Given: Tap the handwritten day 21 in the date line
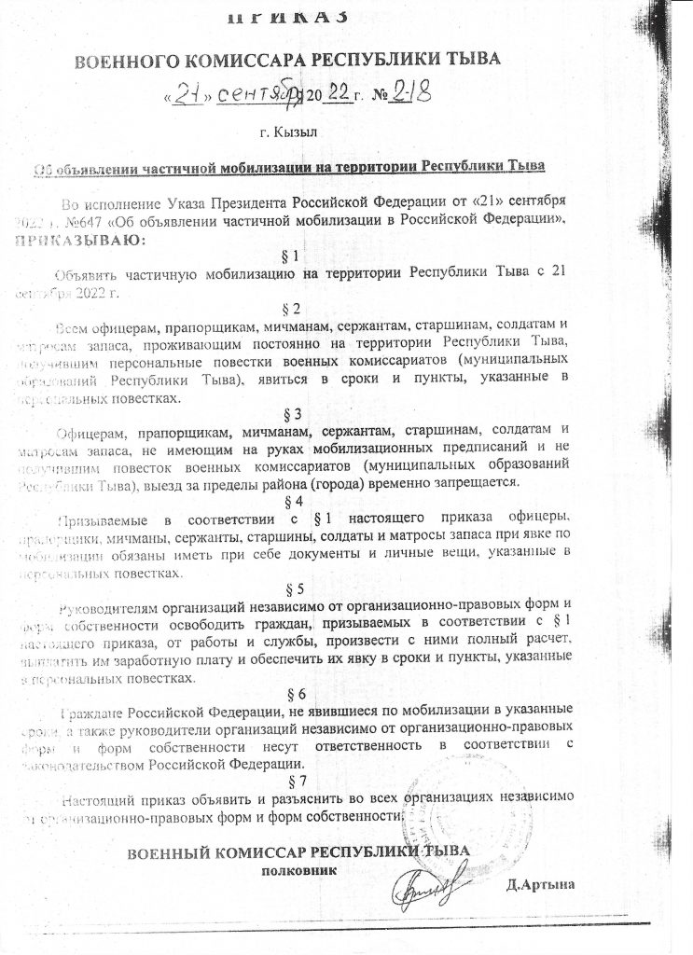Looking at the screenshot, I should (x=189, y=95).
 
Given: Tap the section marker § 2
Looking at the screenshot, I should (x=290, y=309).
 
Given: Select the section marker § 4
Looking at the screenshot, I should (x=290, y=501).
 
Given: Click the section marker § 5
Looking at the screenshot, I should (x=291, y=588).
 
